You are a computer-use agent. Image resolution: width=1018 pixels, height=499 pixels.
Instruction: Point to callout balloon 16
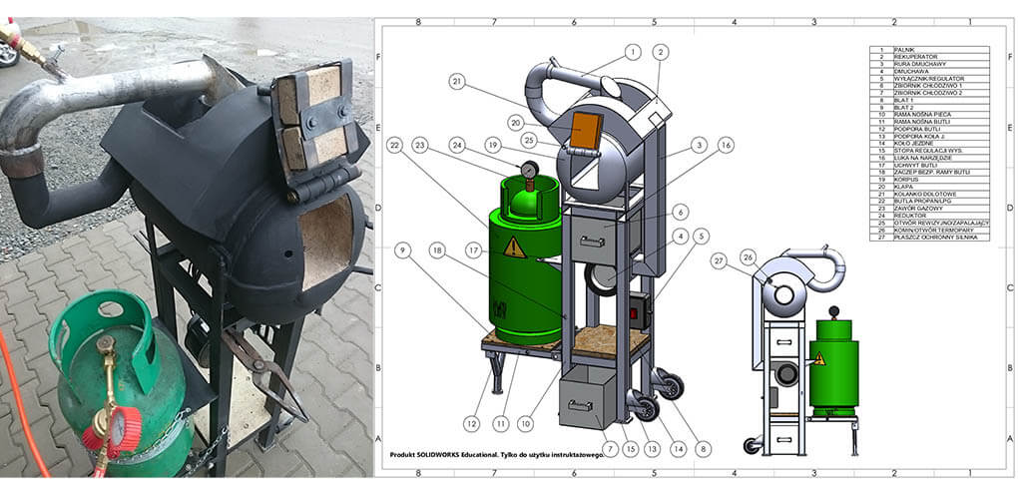(x=726, y=145)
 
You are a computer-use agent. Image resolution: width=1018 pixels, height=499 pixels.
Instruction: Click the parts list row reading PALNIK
(x=929, y=49)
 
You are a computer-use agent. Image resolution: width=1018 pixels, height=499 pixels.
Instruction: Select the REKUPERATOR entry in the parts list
(x=929, y=58)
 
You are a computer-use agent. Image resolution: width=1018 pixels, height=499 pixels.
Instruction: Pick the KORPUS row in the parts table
(x=929, y=181)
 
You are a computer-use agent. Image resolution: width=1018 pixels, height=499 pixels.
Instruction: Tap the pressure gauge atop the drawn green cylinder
(x=529, y=170)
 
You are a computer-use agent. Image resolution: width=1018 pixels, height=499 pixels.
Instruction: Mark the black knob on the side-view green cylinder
(x=834, y=311)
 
